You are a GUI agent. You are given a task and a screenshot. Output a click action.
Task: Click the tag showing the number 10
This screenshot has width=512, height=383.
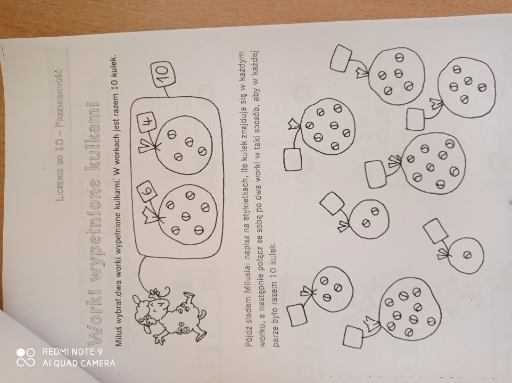click(x=163, y=76)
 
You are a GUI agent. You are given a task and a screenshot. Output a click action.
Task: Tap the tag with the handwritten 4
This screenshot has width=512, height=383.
click(x=147, y=122)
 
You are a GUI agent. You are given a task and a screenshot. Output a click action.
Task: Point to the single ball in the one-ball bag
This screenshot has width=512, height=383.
click(x=468, y=255)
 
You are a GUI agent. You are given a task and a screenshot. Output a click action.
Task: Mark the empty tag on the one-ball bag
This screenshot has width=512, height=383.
click(x=435, y=231)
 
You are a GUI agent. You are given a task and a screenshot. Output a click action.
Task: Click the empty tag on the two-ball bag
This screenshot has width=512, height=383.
click(x=332, y=203)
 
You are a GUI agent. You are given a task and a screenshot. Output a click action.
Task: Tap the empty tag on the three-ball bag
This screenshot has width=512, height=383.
click(x=297, y=315)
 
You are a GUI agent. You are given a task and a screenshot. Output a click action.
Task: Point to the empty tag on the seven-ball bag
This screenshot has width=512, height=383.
click(x=293, y=160)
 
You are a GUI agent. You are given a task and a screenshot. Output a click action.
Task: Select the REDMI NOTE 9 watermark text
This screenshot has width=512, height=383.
click(x=72, y=352)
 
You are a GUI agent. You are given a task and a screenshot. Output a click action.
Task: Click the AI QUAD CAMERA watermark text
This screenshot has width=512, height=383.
click(x=79, y=363)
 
